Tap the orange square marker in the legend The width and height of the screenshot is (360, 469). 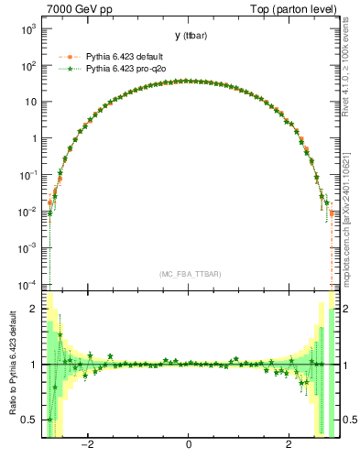point(70,57)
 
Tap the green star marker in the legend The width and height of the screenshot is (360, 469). point(70,69)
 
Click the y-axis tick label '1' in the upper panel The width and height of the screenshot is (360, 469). point(35,139)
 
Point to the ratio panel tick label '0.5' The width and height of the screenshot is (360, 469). point(30,420)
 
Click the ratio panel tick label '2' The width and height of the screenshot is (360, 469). point(35,309)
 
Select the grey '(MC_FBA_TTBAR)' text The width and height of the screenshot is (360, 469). point(188,274)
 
